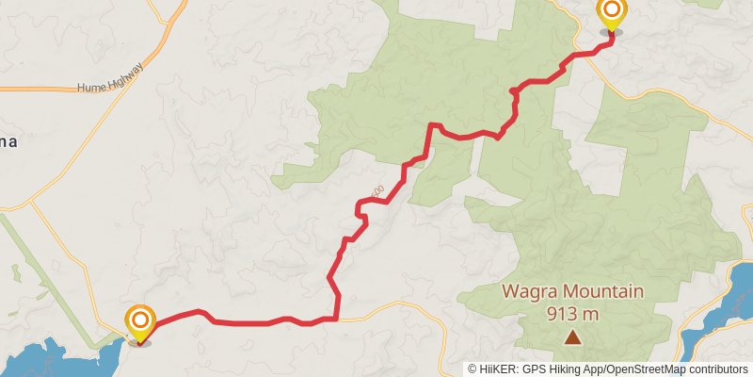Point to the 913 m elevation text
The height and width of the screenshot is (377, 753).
click(573, 314)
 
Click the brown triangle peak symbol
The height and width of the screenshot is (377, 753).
click(572, 336)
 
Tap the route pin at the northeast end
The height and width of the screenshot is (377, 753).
click(612, 13)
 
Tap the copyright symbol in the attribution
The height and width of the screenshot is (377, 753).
click(473, 369)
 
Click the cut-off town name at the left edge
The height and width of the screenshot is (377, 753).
click(8, 142)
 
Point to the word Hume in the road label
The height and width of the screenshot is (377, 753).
click(92, 87)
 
